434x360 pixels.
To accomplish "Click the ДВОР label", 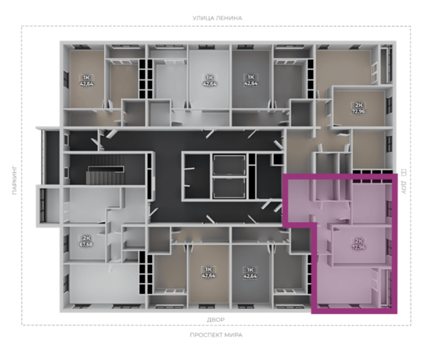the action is (x=216, y=320).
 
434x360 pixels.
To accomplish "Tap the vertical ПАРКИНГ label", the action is (x=15, y=180).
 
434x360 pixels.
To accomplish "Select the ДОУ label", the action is (x=403, y=187).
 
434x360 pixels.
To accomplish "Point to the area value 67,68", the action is (x=86, y=244).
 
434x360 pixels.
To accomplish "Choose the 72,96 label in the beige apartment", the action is (x=358, y=111).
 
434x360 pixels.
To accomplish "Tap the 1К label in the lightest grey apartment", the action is (x=209, y=77).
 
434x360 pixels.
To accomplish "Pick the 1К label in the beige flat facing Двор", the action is (x=209, y=269).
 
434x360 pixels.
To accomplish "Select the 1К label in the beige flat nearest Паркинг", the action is (x=86, y=77).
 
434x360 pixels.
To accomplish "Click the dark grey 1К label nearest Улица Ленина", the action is (x=250, y=77).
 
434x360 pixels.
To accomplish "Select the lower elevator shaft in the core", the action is (x=229, y=188).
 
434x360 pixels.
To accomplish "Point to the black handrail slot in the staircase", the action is (x=106, y=169).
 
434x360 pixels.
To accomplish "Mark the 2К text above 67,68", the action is (x=86, y=238).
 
